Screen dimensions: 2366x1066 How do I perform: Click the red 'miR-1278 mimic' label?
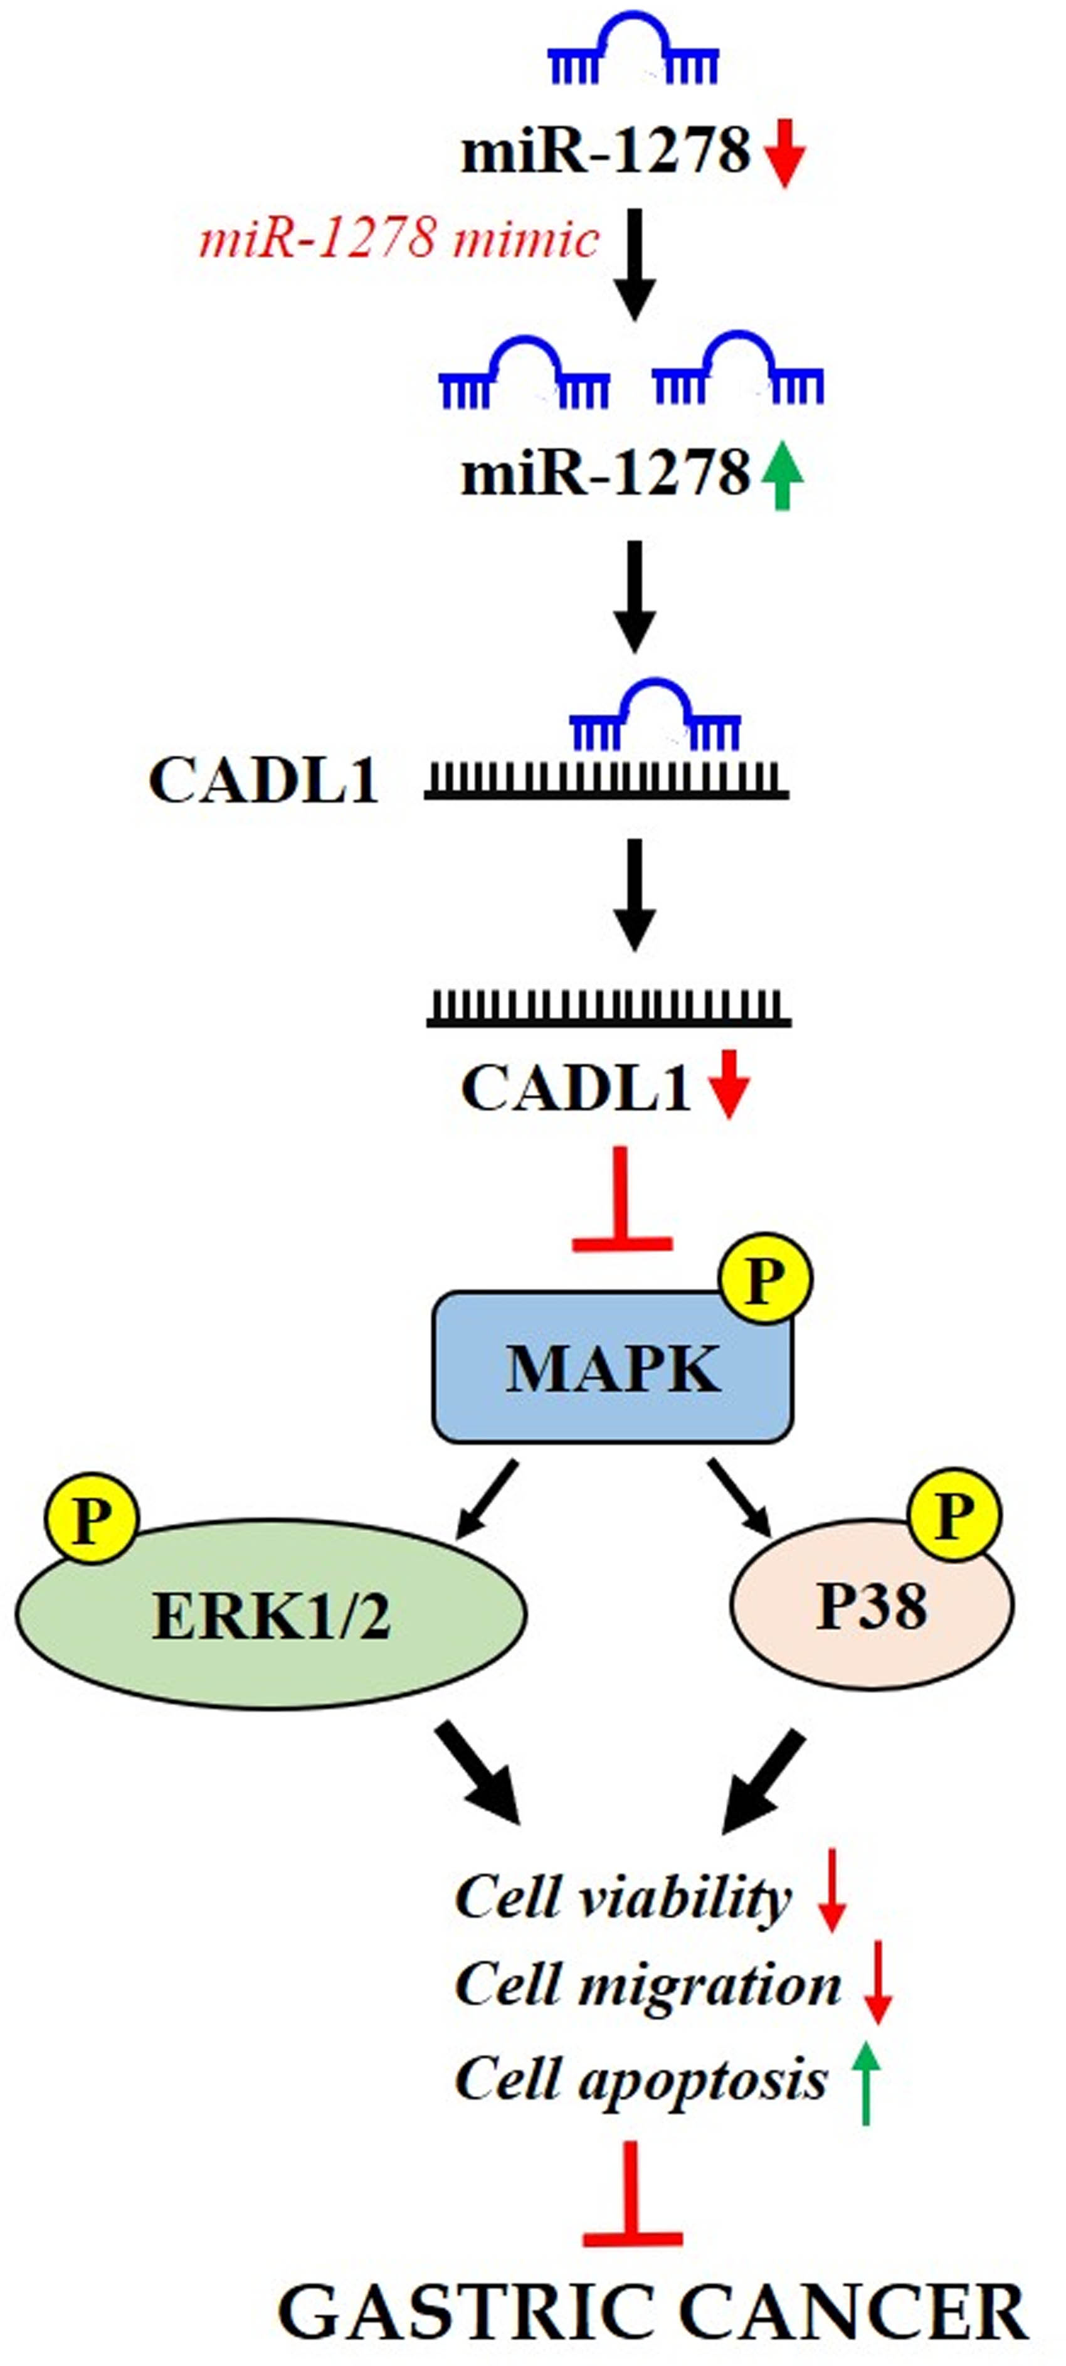[399, 240]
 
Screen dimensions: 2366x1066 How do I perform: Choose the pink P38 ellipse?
[872, 1607]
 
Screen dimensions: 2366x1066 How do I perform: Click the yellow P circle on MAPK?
[766, 1279]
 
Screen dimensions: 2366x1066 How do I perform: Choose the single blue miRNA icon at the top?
[633, 51]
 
